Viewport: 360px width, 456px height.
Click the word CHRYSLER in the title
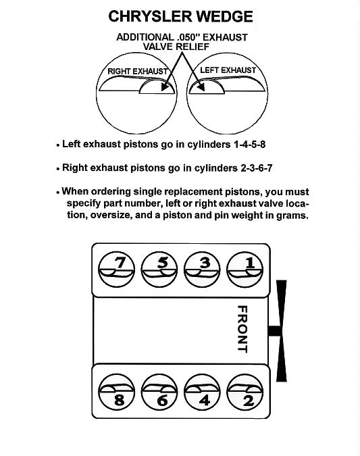(150, 17)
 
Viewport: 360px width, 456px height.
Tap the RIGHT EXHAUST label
(138, 71)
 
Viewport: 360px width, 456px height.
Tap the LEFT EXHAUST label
(228, 70)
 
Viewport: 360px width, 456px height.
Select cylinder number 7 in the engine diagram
(116, 270)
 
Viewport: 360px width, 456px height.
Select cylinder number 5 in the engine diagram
(159, 270)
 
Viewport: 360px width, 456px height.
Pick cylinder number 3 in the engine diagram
(202, 270)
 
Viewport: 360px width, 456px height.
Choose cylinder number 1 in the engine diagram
(245, 270)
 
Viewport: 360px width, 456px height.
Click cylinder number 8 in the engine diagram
(116, 392)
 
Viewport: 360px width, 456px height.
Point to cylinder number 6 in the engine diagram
(159, 392)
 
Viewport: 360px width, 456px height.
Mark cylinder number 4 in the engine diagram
(202, 392)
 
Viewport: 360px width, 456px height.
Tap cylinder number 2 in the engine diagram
(245, 392)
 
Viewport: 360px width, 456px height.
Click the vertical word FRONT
(242, 329)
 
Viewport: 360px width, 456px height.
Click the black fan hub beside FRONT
(274, 331)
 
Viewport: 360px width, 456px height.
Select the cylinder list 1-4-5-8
(249, 145)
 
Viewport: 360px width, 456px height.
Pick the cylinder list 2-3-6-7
(257, 168)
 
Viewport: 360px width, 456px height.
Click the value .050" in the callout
(188, 37)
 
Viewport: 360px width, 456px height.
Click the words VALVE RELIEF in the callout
(176, 47)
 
